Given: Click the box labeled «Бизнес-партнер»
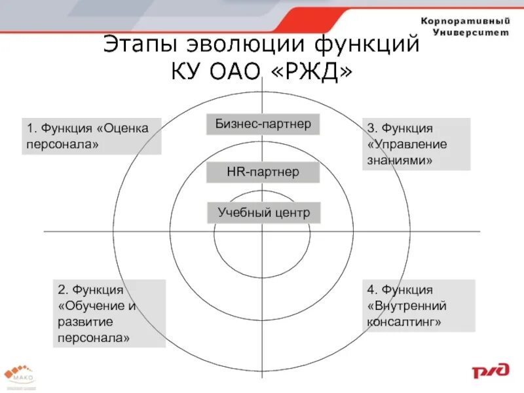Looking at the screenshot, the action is [263, 124].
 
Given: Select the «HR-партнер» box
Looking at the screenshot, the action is [263, 172].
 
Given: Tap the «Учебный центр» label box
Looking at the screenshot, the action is [263, 212].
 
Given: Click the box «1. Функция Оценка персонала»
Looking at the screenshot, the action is [91, 136].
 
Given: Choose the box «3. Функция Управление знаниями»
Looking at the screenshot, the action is [416, 144].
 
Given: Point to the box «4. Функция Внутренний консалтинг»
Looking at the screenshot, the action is [419, 305].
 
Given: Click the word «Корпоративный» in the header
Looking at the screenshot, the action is [464, 21].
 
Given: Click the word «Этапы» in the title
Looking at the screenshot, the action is [141, 45].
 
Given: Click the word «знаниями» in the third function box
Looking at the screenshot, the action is [400, 160].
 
